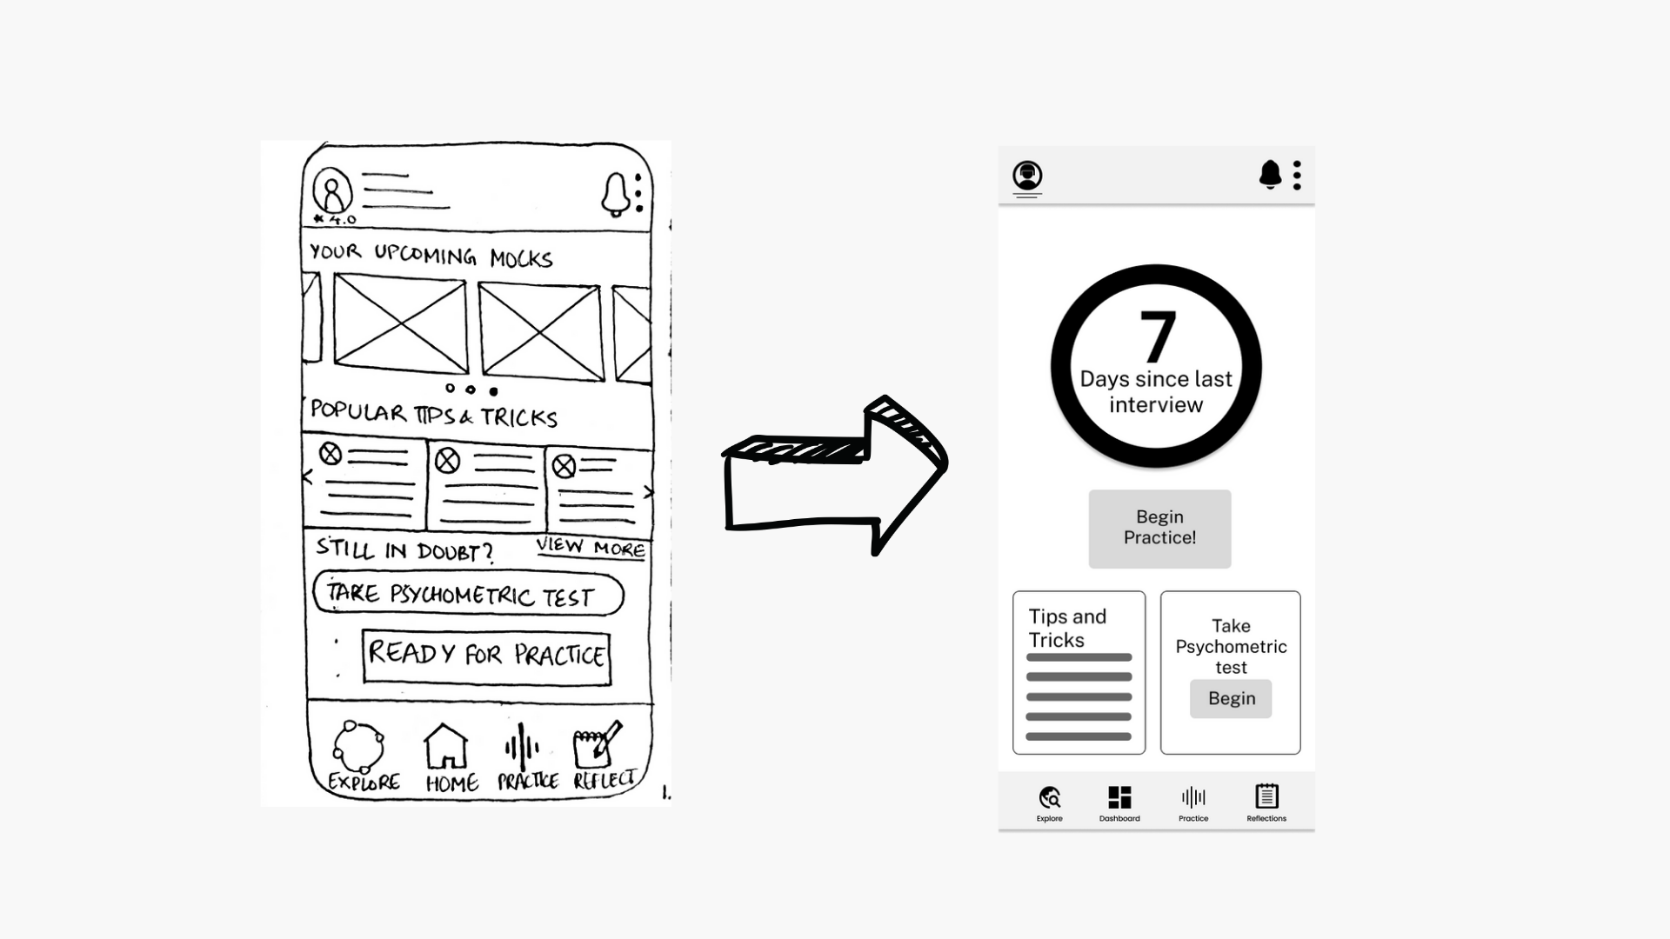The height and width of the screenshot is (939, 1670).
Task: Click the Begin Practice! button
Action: [x=1159, y=529]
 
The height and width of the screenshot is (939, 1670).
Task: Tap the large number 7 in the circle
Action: [x=1158, y=336]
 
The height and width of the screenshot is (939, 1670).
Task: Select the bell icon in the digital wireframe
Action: [x=1270, y=175]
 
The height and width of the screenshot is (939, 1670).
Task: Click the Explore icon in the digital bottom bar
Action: [x=1050, y=796]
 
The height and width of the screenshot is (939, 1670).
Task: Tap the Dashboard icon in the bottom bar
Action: [x=1119, y=796]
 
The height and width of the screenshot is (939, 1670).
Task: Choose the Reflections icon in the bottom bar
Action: [x=1266, y=796]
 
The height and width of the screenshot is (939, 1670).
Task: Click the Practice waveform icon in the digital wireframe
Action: [x=1193, y=796]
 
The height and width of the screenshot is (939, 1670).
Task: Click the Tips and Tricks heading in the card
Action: [x=1067, y=628]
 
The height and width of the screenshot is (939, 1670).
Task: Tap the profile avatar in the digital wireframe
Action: [x=1027, y=176]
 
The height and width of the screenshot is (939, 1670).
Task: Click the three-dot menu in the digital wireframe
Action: [x=1297, y=175]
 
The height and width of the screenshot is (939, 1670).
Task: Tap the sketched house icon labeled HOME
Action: [x=445, y=746]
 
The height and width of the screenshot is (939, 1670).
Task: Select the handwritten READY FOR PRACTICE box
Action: [x=486, y=656]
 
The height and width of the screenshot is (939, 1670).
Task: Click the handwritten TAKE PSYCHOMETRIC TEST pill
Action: [x=468, y=594]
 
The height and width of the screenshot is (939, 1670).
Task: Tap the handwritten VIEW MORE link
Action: [x=591, y=548]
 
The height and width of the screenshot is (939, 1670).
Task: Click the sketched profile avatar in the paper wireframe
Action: [x=332, y=190]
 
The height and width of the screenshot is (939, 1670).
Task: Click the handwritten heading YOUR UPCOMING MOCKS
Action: [x=431, y=255]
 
